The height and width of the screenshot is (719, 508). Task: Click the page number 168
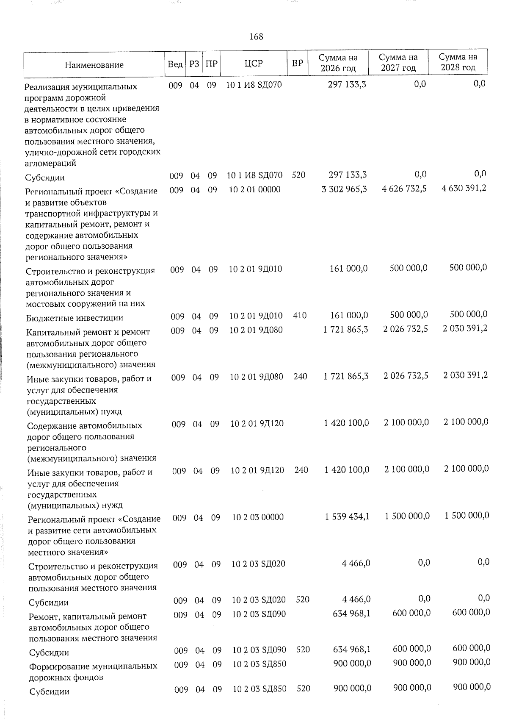256,36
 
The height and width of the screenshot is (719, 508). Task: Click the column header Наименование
94,65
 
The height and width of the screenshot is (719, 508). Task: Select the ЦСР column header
254,64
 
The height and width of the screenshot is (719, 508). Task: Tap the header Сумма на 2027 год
398,62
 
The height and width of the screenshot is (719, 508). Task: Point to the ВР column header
297,63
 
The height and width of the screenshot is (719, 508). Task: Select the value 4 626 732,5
404,188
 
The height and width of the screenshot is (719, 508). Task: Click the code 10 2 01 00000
254,189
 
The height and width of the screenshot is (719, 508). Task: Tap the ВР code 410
299,315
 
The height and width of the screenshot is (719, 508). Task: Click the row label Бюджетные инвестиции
75,318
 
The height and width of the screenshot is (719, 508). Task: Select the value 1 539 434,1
347,516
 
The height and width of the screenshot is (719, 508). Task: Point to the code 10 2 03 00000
258,517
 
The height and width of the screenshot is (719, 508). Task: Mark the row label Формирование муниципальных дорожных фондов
93,672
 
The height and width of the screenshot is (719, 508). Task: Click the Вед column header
175,64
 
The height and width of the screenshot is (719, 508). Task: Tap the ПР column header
212,64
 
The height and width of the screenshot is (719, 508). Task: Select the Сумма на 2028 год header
458,62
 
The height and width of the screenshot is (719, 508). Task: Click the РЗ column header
194,64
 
